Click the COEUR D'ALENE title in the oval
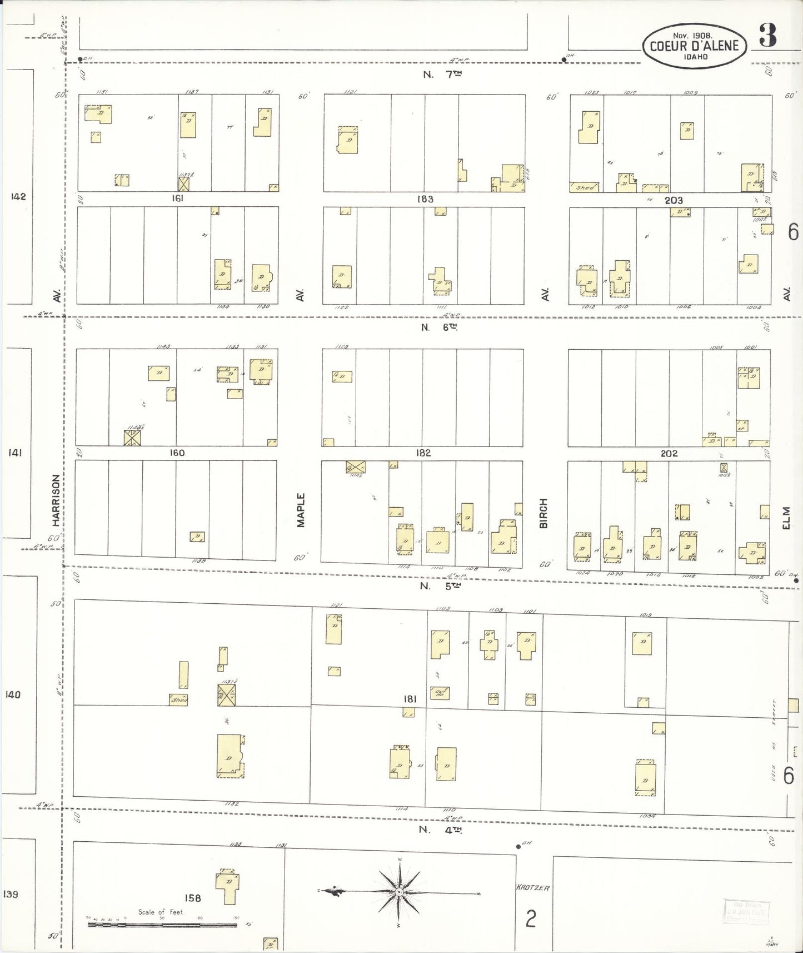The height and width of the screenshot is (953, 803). coord(694,46)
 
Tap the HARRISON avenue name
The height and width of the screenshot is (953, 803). coord(56,500)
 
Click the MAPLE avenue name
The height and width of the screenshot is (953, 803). coord(301,510)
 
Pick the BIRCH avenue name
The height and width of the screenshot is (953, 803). coord(543,513)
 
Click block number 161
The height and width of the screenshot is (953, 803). coord(177,198)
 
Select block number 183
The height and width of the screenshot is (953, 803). coord(425,199)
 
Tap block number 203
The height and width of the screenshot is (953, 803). coord(674,200)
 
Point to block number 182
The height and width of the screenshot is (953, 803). coord(423,453)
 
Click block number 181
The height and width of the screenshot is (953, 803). coord(410,699)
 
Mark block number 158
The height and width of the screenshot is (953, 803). coord(193,897)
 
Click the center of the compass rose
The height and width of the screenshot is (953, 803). coord(399,892)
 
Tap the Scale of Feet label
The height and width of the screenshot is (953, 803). coord(160,912)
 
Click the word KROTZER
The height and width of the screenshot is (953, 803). coord(533,887)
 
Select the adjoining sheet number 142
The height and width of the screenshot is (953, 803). coord(18,196)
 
